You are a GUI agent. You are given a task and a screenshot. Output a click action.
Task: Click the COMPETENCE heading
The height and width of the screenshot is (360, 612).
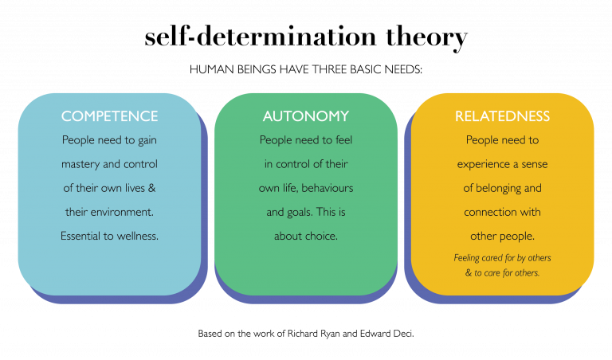[109, 116]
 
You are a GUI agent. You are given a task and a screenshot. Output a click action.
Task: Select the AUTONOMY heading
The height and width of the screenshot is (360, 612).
[305, 116]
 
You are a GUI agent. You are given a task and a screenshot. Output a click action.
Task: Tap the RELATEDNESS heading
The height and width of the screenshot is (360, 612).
[502, 116]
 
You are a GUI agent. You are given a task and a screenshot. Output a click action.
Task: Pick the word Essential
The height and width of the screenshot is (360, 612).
[82, 237]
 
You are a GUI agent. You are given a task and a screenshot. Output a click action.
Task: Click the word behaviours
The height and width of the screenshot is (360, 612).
[327, 189]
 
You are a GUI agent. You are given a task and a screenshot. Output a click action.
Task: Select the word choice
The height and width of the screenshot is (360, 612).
[321, 237]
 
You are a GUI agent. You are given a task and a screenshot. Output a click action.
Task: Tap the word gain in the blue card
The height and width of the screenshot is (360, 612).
[143, 141]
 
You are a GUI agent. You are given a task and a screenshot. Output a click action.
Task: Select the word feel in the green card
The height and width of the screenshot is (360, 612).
[339, 141]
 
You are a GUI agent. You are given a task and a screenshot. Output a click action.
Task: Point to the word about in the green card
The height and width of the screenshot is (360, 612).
[288, 237]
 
